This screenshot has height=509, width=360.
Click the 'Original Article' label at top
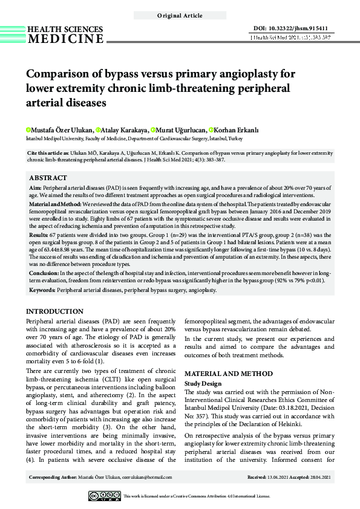(x=180, y=16)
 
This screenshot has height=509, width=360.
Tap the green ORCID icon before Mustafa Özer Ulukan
(x=28, y=129)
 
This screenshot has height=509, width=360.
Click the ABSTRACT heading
(x=48, y=178)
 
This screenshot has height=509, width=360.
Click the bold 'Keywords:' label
(x=42, y=290)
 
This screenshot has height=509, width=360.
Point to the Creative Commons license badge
(x=104, y=496)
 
